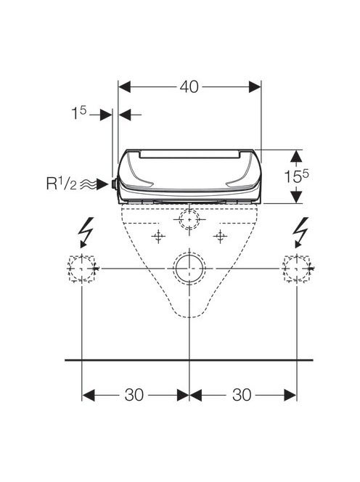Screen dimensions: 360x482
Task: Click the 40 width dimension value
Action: tap(189, 87)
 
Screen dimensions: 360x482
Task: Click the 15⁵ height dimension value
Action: tap(295, 176)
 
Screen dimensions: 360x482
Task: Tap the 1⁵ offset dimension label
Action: tap(79, 113)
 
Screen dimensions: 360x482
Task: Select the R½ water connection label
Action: tap(62, 184)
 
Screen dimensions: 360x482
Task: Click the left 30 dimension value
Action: tap(134, 395)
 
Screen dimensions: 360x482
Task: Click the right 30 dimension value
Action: tap(242, 395)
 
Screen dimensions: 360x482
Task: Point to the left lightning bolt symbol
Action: tap(86, 232)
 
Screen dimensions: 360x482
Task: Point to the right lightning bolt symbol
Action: tap(301, 232)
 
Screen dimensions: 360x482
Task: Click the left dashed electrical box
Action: tap(82, 269)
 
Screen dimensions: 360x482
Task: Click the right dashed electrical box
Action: tap(297, 269)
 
